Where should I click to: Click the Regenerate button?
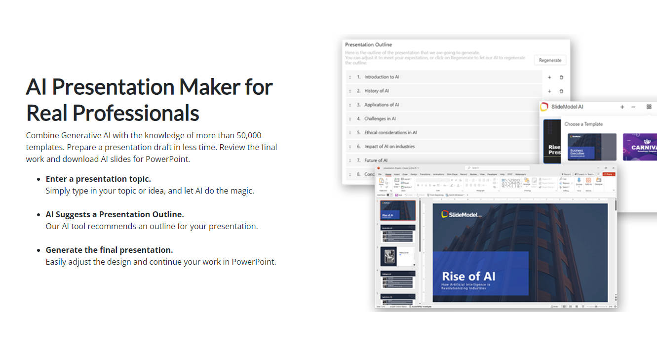point(550,60)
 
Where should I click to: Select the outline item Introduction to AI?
point(382,77)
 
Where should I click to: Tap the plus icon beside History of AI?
point(549,91)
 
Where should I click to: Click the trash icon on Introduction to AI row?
point(561,78)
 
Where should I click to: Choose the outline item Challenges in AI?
point(380,119)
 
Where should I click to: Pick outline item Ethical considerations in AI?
point(390,133)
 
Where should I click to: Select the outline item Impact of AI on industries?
point(389,147)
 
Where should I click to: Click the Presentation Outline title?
point(368,44)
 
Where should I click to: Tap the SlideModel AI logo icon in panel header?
point(544,107)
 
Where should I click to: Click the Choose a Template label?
point(583,124)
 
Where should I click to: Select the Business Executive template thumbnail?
point(592,147)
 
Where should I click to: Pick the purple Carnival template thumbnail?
point(640,147)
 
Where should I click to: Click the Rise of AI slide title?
point(468,276)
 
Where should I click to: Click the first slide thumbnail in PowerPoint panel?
point(397,210)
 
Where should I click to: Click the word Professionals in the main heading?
point(136,113)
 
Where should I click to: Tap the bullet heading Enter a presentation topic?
point(98,179)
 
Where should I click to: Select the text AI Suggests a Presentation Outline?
point(115,214)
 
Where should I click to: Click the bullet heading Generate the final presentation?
point(109,250)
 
